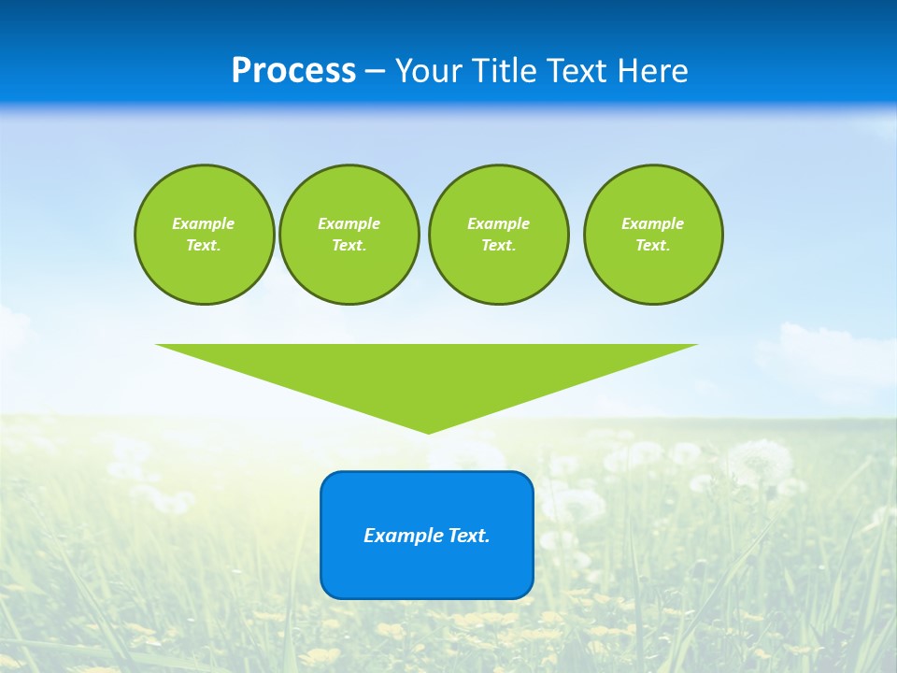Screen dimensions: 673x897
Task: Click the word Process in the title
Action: pyautogui.click(x=293, y=71)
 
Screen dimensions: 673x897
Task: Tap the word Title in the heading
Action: pyautogui.click(x=505, y=71)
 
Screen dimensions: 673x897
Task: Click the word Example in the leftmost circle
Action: pyautogui.click(x=204, y=223)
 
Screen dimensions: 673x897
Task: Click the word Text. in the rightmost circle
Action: pyautogui.click(x=652, y=246)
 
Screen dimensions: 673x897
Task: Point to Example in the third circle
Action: pyautogui.click(x=498, y=223)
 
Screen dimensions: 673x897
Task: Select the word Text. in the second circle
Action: pyautogui.click(x=349, y=246)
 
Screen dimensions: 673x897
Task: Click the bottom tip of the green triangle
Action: pyautogui.click(x=428, y=430)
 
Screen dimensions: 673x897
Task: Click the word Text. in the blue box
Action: pyautogui.click(x=469, y=536)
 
